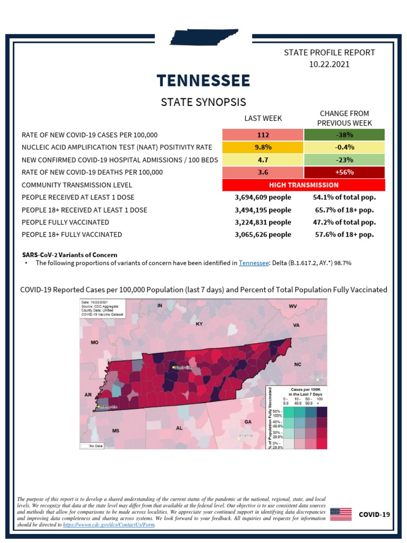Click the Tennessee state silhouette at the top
[203, 38]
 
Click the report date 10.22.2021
[329, 64]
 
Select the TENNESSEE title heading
[203, 81]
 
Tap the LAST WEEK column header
[263, 118]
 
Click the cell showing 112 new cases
[263, 135]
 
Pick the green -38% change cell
[344, 135]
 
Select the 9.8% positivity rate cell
[263, 147]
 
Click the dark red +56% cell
[344, 172]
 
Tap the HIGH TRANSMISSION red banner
[304, 185]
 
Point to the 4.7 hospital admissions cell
[263, 160]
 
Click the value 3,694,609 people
[263, 197]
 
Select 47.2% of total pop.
[344, 222]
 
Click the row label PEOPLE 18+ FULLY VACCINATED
[72, 234]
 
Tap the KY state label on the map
[199, 323]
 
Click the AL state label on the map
[179, 427]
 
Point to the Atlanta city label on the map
[246, 435]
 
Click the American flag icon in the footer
[341, 514]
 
